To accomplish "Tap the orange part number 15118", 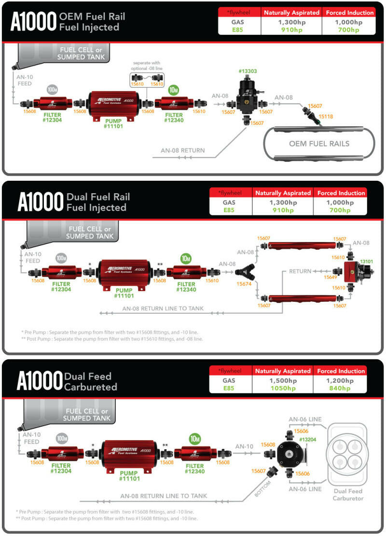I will tap(325, 116).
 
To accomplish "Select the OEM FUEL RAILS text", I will tap(319, 143).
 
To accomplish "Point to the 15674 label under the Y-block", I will tap(245, 284).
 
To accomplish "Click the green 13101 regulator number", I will tap(366, 262).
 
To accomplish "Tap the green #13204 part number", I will tap(307, 440).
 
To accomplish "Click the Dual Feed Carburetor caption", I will tap(347, 495).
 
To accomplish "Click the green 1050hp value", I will tap(283, 389).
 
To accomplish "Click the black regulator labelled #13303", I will tap(248, 96).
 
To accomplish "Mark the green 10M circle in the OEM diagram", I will tap(174, 90).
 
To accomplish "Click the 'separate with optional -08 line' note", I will tap(147, 66).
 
